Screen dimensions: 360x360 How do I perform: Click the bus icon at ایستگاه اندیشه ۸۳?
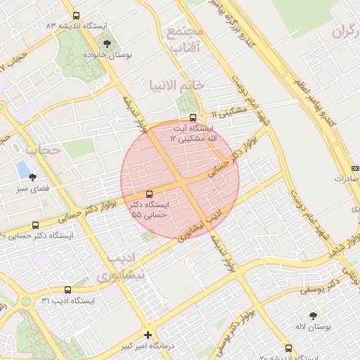tap(76, 15)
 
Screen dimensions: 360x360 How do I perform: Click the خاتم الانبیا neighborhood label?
tap(176, 85)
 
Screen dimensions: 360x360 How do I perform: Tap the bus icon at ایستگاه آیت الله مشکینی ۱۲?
tap(193, 117)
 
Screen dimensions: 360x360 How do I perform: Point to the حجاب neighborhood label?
tap(39, 150)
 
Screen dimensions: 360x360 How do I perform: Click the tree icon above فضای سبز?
tap(32, 177)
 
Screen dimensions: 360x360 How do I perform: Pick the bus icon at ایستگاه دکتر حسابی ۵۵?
tap(148, 194)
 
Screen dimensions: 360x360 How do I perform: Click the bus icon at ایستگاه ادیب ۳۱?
tap(68, 289)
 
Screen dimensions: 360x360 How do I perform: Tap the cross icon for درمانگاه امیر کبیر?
tap(148, 335)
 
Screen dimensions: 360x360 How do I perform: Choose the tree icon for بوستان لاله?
tap(313, 316)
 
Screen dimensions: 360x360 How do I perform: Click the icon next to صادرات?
tap(355, 168)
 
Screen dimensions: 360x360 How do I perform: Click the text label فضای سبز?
tap(32, 189)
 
